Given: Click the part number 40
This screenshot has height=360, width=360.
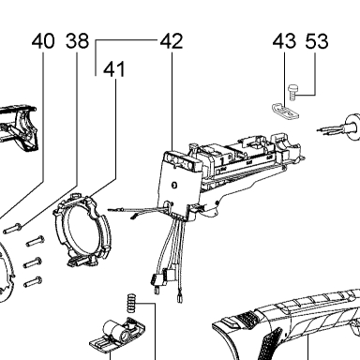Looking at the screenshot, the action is pos(43,41).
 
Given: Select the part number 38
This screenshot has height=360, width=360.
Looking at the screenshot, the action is pos(77,41).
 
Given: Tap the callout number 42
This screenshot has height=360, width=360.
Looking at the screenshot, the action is pos(172,41).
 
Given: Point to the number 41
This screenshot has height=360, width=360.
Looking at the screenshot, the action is pos(114,69).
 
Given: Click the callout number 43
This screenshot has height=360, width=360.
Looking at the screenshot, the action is pos(284,41).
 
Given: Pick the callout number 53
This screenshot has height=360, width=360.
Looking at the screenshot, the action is pos(317,41).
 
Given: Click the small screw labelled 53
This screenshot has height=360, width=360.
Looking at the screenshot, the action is pos(292,92).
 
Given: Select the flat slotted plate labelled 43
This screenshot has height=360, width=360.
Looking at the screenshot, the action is pos(285,111).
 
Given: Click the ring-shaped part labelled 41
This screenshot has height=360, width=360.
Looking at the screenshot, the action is pos(82,230).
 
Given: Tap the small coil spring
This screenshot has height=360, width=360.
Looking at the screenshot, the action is pos(131,303).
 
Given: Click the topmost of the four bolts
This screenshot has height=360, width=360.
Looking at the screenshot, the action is pos(12,229).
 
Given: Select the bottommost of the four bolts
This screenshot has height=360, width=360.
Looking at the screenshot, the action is pos(33,282).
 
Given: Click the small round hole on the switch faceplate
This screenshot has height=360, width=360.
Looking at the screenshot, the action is pos(174,185).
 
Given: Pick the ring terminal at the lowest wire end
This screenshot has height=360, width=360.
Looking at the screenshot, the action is pos(179,298).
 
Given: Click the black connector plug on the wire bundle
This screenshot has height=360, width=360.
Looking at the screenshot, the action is pos(156,278).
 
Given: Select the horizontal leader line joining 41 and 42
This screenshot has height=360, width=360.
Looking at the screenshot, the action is pos(127,40).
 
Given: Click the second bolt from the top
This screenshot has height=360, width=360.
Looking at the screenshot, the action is pos(35,242).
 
